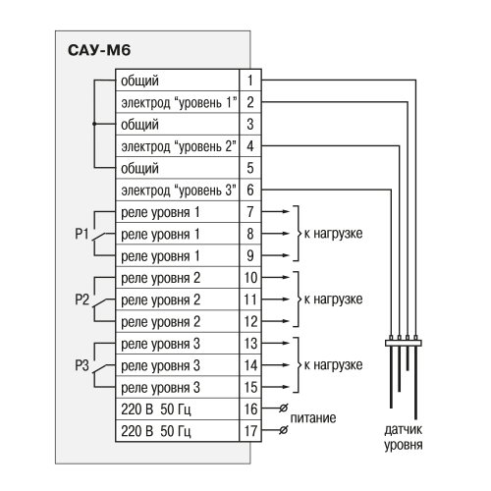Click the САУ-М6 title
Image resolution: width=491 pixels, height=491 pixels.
(x=99, y=50)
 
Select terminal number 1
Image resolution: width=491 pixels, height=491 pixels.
(x=250, y=81)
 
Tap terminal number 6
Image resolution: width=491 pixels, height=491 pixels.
(x=250, y=190)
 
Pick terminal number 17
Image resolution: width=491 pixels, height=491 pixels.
(x=250, y=431)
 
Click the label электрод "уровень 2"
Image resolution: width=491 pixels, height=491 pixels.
(x=179, y=146)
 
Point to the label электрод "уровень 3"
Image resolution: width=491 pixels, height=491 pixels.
(x=179, y=191)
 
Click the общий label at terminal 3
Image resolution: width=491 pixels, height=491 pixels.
(x=139, y=125)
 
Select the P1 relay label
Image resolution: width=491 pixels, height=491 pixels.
(x=82, y=234)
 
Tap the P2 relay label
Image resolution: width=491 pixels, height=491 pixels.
(x=82, y=300)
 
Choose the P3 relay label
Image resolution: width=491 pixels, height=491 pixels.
(x=82, y=365)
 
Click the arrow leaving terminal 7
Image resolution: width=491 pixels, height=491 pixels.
(x=276, y=211)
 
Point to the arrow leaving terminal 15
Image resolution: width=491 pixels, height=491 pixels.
(x=276, y=387)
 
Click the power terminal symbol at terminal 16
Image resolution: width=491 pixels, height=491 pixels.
(x=284, y=409)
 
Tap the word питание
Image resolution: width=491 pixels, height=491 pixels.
(x=313, y=418)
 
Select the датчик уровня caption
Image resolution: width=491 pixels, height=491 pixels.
(x=404, y=437)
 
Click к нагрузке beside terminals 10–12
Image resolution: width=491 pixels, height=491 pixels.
(x=334, y=300)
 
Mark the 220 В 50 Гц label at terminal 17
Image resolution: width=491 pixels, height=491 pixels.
(x=156, y=431)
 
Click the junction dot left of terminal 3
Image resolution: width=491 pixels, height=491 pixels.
(x=94, y=124)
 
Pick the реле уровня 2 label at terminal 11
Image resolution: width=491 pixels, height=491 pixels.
(x=161, y=300)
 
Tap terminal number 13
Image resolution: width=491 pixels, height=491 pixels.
(x=250, y=344)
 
